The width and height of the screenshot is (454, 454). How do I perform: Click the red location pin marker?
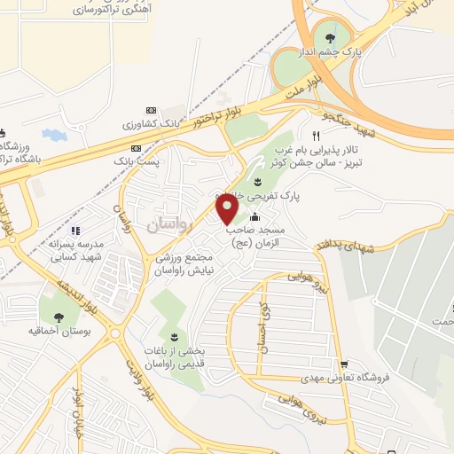pos(228,209)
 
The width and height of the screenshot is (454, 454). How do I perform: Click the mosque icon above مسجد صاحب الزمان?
pos(255,218)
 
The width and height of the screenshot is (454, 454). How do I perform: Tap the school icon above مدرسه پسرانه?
pos(74,229)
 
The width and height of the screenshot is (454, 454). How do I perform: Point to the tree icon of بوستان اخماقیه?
pos(59,317)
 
